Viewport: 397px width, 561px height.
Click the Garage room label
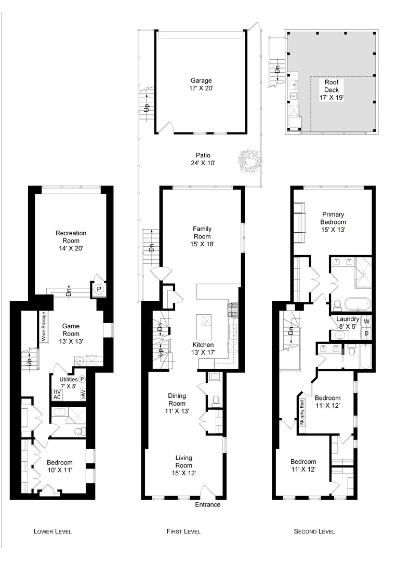coord(201,85)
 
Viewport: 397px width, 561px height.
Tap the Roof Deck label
coord(332,89)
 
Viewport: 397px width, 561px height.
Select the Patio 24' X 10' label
coord(203,159)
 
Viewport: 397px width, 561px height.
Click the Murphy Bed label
coord(302,412)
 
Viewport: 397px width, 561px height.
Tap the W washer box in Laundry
coord(366,322)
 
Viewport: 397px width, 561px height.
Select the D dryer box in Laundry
coord(366,333)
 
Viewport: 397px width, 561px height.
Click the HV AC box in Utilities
coord(57,395)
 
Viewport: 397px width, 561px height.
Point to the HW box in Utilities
coord(83,394)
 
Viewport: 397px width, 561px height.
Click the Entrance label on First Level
coord(208,504)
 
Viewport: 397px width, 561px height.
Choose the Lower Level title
coord(52,531)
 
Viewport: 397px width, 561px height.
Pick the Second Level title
coord(314,531)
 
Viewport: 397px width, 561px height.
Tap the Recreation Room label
coord(71,241)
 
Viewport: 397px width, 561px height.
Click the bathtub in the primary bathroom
coord(358,304)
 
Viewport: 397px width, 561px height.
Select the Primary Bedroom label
coord(333,222)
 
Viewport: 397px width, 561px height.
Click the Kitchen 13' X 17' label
coord(203,349)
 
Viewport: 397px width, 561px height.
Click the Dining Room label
coord(177,403)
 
